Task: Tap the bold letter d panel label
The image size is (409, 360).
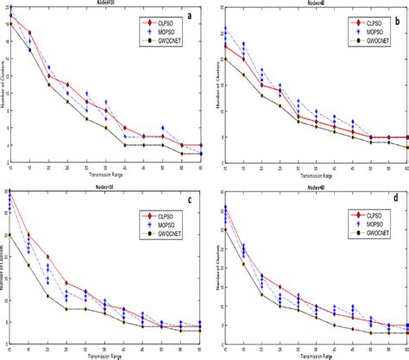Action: pyautogui.click(x=393, y=198)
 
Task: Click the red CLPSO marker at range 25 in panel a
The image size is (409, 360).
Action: pyautogui.click(x=67, y=85)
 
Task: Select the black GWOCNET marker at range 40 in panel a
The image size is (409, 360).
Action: pyautogui.click(x=125, y=144)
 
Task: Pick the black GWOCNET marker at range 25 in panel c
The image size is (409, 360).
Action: pyautogui.click(x=67, y=308)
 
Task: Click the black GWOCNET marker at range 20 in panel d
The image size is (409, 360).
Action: pyautogui.click(x=261, y=287)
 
